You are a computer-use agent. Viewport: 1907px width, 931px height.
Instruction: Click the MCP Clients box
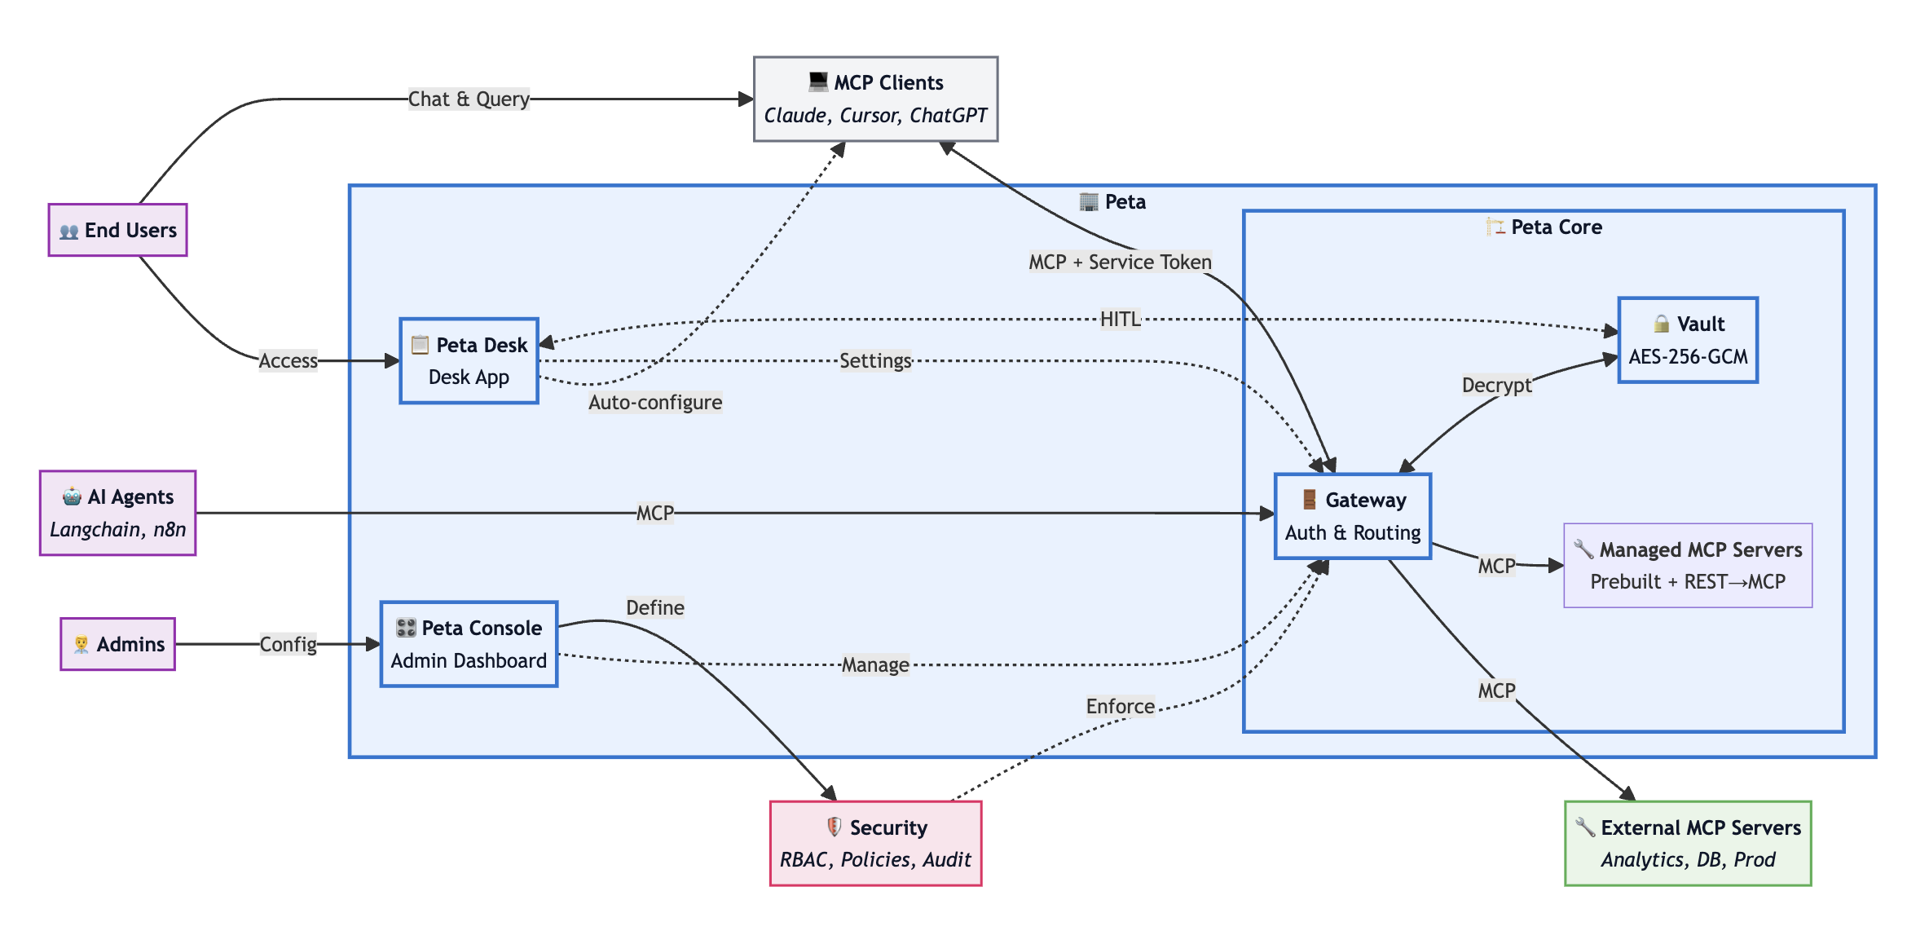click(875, 99)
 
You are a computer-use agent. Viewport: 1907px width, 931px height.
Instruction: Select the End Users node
click(117, 230)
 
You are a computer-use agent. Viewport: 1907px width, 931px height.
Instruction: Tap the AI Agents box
click(117, 513)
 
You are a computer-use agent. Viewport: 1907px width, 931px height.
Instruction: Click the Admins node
click(117, 644)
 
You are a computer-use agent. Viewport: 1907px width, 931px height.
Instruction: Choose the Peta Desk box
click(469, 360)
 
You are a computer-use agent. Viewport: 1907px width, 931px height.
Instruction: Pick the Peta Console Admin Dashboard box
click(469, 644)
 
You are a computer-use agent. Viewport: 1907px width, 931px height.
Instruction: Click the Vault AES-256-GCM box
click(1687, 340)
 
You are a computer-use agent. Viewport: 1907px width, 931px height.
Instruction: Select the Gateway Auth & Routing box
click(1352, 516)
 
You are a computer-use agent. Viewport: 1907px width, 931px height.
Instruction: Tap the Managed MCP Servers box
click(1687, 565)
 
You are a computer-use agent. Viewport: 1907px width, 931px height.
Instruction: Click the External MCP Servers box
click(1687, 843)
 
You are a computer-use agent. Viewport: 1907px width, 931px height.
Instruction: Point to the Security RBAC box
click(875, 843)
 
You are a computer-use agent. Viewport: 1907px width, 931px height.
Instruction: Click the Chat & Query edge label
click(469, 99)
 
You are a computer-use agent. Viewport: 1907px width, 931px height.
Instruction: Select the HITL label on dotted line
click(1120, 319)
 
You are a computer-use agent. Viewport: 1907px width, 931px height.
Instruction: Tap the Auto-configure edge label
click(655, 402)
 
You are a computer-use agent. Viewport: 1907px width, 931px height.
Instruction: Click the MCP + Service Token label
click(1120, 262)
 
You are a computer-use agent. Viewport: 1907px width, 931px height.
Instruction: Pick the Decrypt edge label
click(1496, 384)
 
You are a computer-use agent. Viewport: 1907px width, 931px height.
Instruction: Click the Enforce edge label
click(1120, 706)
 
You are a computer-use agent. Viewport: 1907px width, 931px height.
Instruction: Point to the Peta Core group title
click(1555, 227)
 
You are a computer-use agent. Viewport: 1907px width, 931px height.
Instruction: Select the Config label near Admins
click(288, 644)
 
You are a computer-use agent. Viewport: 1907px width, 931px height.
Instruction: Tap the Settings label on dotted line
click(875, 360)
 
